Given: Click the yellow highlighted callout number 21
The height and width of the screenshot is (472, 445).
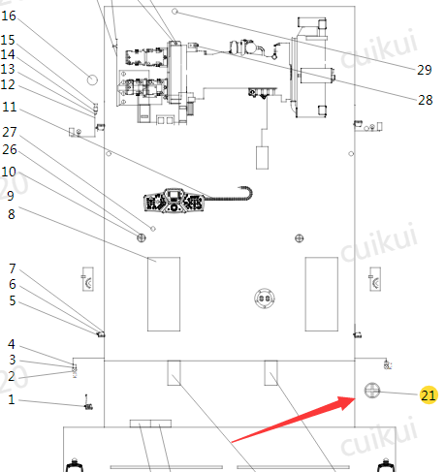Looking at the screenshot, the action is click(x=429, y=394).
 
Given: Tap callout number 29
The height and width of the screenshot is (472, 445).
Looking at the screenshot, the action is click(x=425, y=70).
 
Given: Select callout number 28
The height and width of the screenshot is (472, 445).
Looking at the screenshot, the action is click(x=425, y=100).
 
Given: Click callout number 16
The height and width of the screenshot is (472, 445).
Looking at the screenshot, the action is click(x=9, y=16).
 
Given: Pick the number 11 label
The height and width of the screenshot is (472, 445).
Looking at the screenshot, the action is click(x=10, y=107).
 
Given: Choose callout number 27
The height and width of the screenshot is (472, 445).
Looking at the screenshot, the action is click(x=10, y=132).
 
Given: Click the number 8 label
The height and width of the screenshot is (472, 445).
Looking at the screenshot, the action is click(x=12, y=214).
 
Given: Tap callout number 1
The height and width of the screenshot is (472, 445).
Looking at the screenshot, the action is click(x=12, y=399).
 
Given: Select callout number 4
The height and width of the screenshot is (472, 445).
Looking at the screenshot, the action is click(x=12, y=344).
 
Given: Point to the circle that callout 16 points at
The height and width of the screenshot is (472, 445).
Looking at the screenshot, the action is click(x=92, y=79).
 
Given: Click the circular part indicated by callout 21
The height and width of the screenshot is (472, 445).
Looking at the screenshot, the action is click(x=372, y=391).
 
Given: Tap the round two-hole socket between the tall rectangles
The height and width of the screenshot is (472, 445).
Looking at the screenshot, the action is click(x=265, y=298).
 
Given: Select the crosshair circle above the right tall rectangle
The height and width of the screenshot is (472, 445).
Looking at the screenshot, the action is click(x=300, y=238).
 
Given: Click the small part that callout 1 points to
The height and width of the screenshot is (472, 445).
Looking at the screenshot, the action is click(x=88, y=405).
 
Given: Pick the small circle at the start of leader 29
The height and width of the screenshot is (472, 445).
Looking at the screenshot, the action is click(x=175, y=12).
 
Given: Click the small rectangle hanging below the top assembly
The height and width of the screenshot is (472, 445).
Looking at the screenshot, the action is click(x=262, y=158).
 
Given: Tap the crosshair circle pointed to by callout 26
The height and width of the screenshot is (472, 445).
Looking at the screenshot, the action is click(x=142, y=237).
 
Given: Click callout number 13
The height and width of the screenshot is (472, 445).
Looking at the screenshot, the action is click(x=8, y=69).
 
